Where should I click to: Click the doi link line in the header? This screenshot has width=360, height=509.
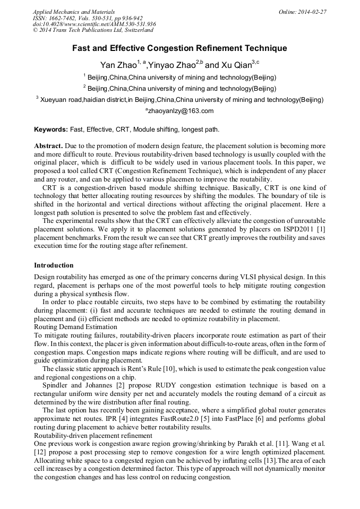94,24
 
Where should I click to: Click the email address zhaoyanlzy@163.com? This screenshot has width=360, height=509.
180,111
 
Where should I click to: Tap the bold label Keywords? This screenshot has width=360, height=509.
51,129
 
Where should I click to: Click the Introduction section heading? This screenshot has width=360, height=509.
54,265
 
